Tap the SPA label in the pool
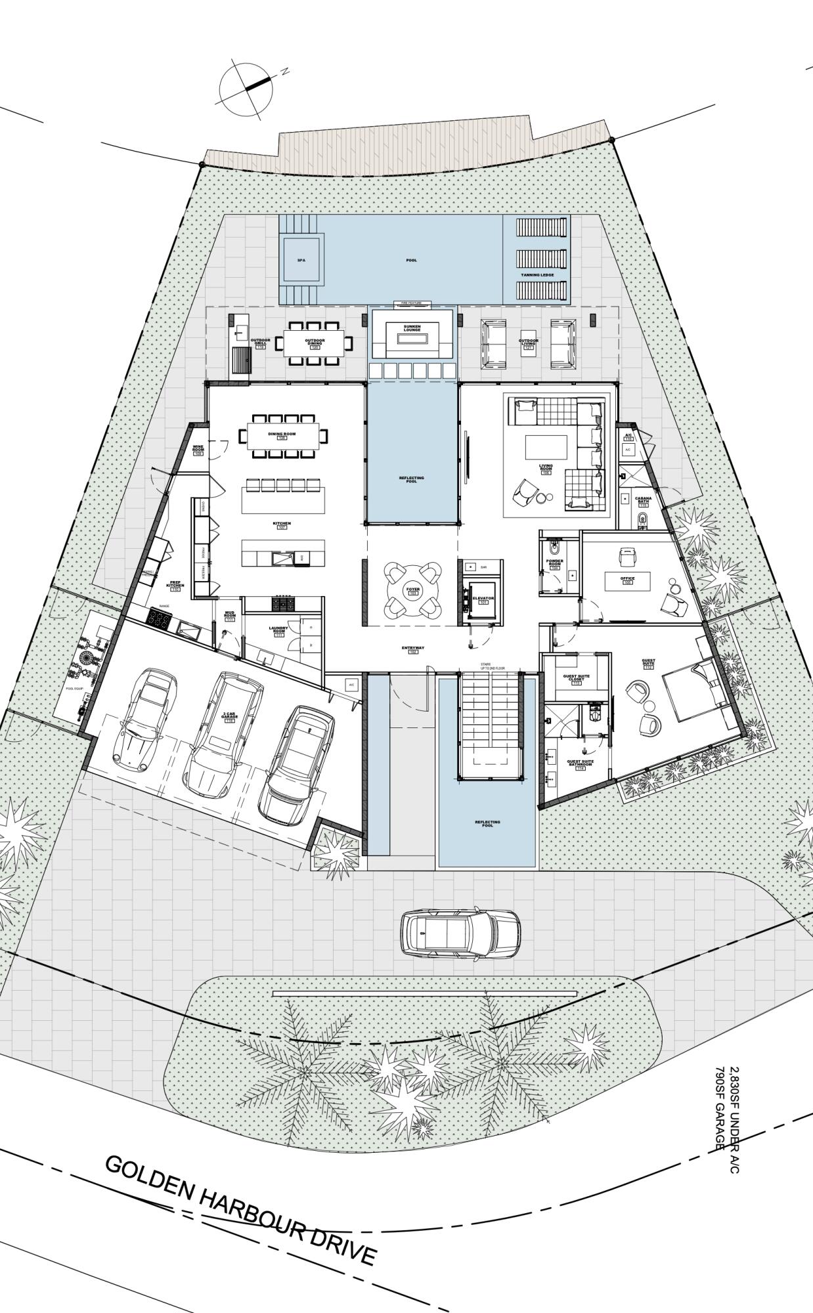(301, 261)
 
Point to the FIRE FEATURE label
(412, 303)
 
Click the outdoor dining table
(314, 342)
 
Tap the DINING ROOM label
(282, 435)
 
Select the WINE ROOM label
(198, 448)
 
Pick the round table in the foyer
(412, 590)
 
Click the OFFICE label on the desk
(628, 579)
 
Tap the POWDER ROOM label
(555, 563)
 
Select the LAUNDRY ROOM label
(278, 630)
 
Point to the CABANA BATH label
(642, 500)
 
